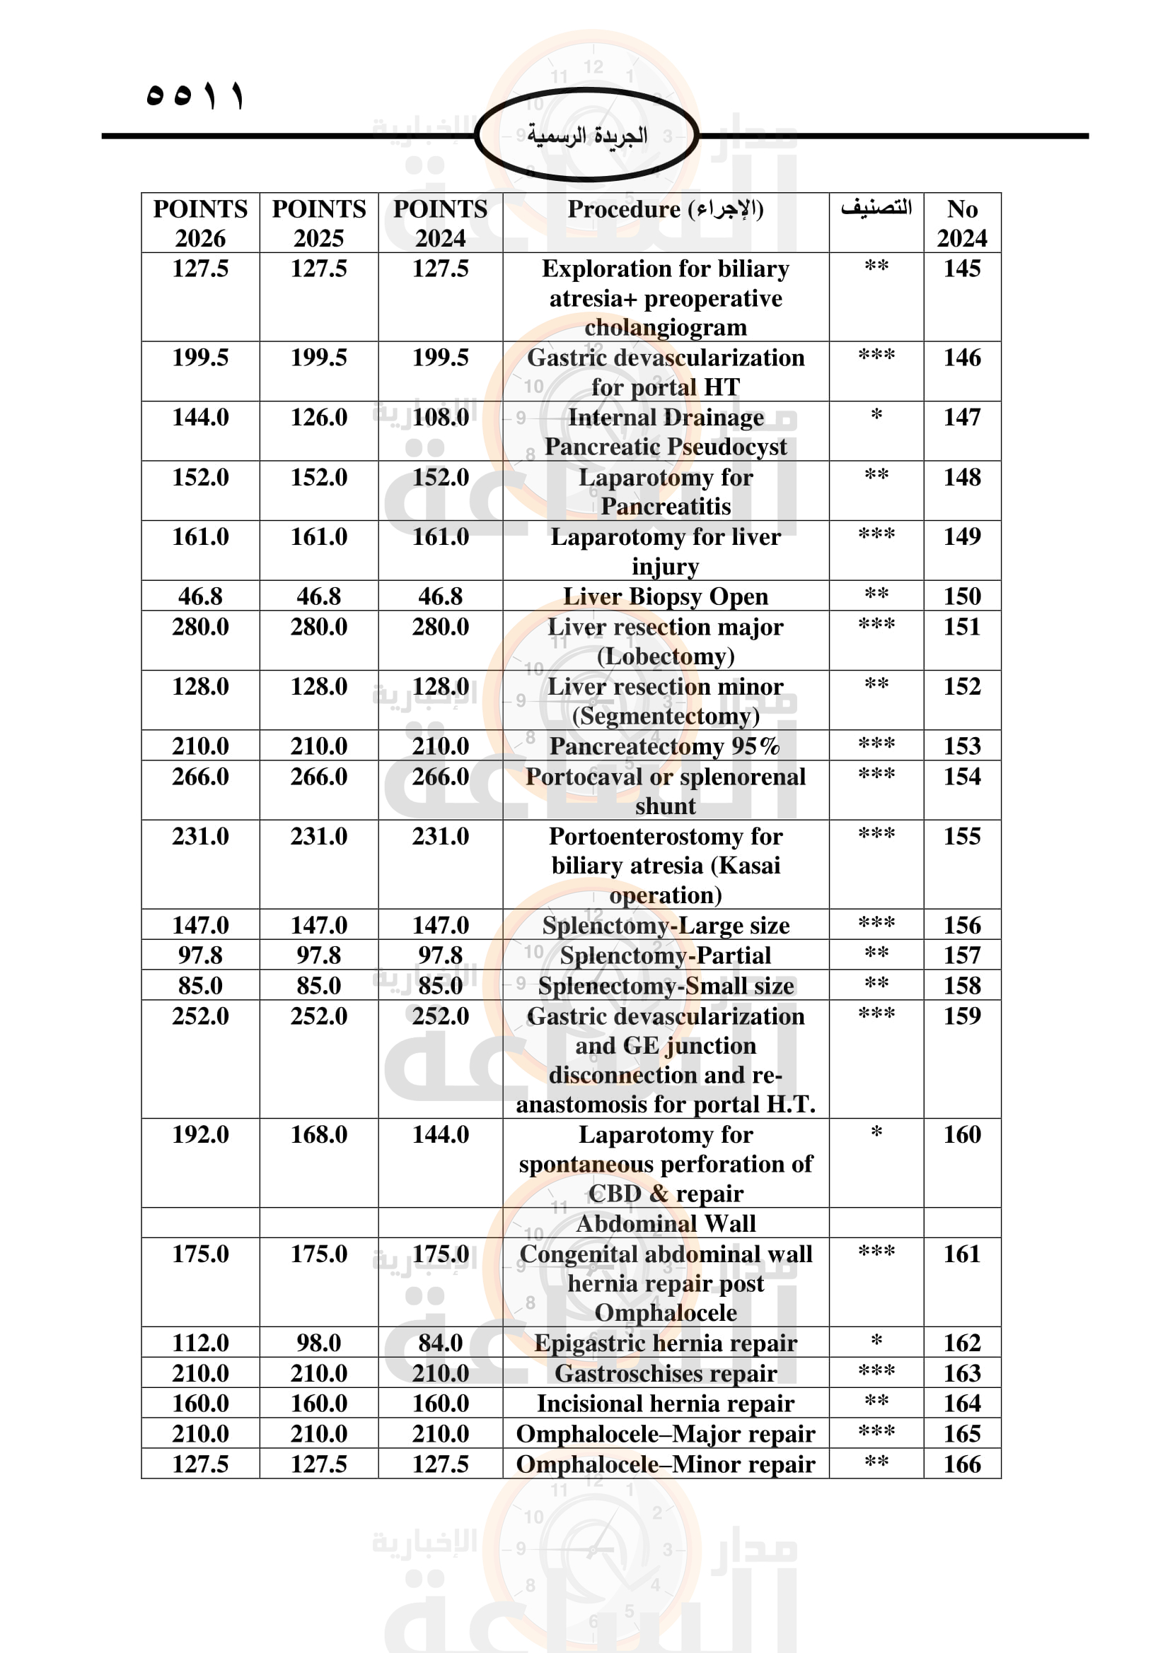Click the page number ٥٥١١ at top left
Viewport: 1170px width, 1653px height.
tap(195, 95)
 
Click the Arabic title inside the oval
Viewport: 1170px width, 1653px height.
tap(586, 135)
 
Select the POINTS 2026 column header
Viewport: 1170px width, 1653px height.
tap(200, 223)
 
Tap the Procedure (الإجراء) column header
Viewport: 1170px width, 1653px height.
tap(665, 209)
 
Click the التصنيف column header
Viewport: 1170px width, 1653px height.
tap(875, 208)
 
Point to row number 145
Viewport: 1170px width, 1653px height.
tap(962, 269)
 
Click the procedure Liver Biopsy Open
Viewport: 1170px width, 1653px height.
tap(665, 596)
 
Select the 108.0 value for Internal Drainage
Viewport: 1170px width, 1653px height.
tap(440, 418)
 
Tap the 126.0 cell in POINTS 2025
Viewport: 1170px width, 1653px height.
tap(318, 418)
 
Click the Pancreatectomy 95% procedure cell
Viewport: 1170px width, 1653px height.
tap(665, 746)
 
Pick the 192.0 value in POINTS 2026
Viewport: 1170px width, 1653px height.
tap(200, 1135)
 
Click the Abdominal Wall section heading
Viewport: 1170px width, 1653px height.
tap(665, 1223)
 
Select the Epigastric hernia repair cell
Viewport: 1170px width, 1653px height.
tap(665, 1343)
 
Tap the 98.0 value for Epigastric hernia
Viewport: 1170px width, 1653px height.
tap(318, 1343)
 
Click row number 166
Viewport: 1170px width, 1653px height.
tap(962, 1464)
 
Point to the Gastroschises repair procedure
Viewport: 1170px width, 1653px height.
tap(665, 1373)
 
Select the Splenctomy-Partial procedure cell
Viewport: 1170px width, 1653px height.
tap(665, 955)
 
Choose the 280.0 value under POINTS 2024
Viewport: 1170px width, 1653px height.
tap(440, 627)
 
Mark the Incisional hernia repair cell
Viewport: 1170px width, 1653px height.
tap(665, 1404)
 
